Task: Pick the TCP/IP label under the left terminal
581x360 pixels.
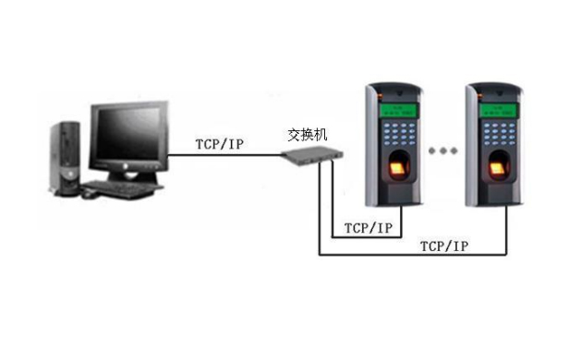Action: [x=368, y=226]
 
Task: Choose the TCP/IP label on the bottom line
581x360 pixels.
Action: [x=444, y=246]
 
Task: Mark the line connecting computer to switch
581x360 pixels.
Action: [x=226, y=155]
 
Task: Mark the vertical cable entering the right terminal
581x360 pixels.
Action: [x=507, y=231]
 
